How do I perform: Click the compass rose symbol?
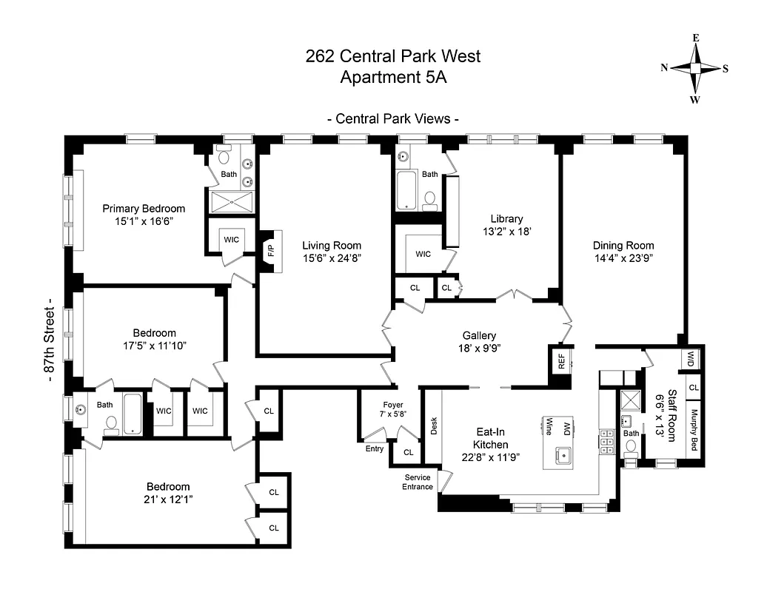(695, 68)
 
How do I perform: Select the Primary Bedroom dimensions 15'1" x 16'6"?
(144, 221)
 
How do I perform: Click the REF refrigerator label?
(560, 361)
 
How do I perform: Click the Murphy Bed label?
(694, 430)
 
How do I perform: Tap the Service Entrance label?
(418, 482)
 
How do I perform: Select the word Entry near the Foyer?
(375, 448)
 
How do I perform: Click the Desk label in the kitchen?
(434, 425)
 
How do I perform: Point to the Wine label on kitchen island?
(549, 427)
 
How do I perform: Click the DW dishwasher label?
(566, 427)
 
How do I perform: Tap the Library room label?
(506, 219)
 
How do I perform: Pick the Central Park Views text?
(393, 118)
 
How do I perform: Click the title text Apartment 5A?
(393, 76)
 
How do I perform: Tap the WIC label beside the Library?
(423, 254)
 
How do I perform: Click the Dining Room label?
(623, 246)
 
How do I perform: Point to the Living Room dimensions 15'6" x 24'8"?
(332, 258)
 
